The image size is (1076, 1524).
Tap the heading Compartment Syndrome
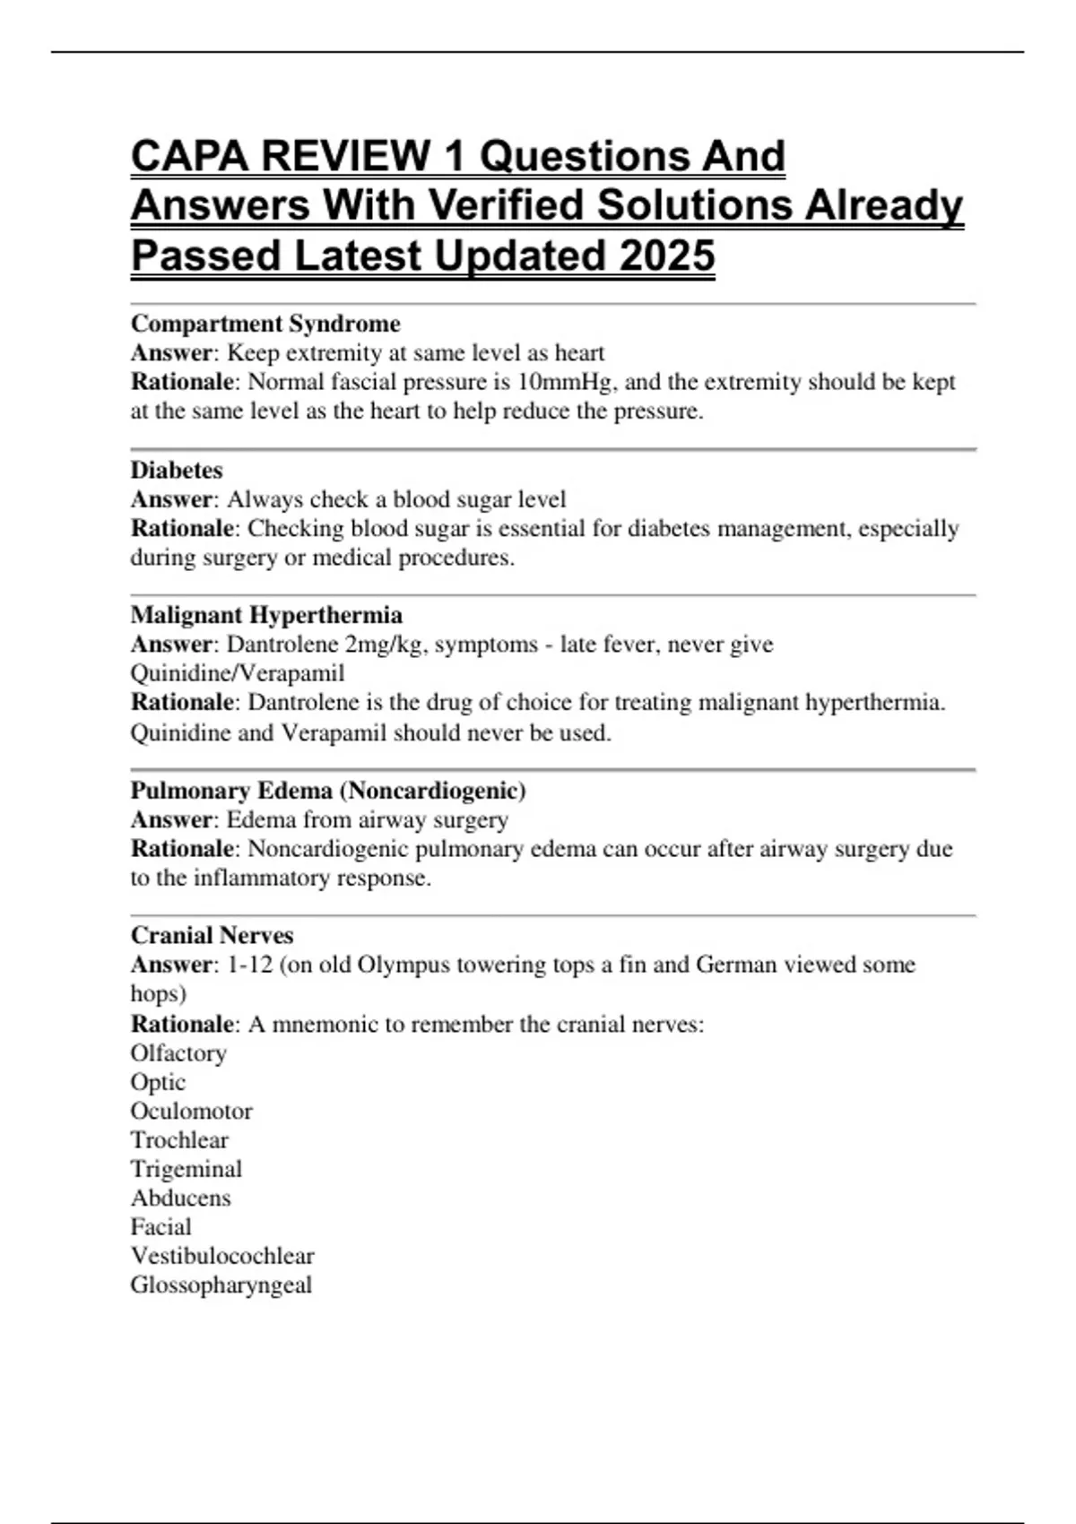tap(265, 324)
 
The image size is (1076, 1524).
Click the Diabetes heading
tap(177, 470)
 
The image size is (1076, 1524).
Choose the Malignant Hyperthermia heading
tap(266, 615)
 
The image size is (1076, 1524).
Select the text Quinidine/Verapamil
tap(238, 673)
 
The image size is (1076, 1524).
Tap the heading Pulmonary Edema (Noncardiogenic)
tap(328, 791)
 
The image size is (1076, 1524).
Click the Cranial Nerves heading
tap(212, 935)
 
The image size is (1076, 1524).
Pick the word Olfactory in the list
tap(178, 1052)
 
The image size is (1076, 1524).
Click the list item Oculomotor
tap(191, 1111)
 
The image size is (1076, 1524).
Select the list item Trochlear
tap(179, 1140)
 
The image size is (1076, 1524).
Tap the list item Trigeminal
tap(187, 1169)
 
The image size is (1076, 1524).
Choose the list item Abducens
tap(180, 1198)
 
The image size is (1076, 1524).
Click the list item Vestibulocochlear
tap(222, 1256)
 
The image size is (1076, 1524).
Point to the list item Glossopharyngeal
tap(221, 1285)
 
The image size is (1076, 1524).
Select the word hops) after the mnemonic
tap(159, 994)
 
